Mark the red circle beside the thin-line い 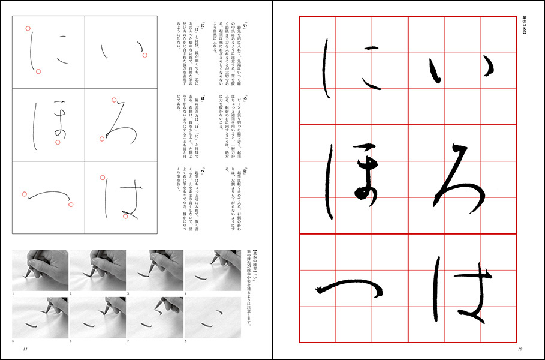145,56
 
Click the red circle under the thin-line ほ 58,142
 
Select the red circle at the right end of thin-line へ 71,205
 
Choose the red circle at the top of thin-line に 27,28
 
